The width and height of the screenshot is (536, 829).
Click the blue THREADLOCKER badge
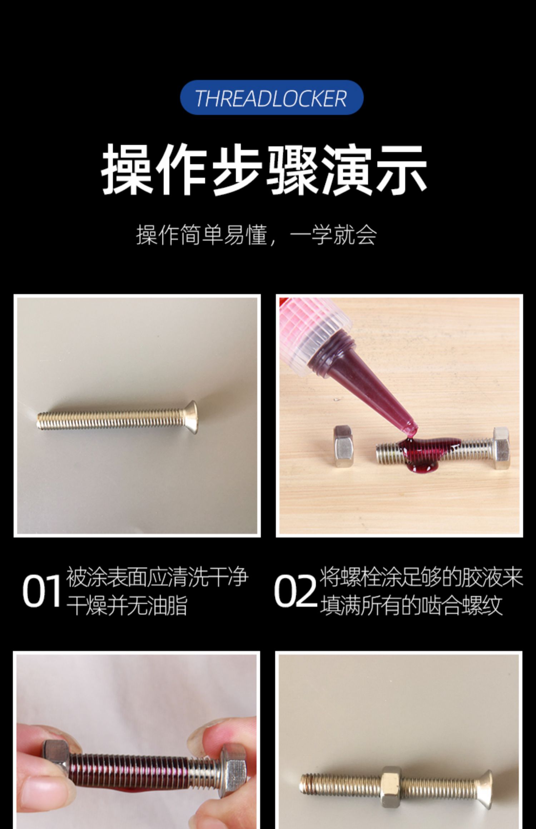pyautogui.click(x=272, y=97)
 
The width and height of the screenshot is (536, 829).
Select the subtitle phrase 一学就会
pyautogui.click(x=333, y=235)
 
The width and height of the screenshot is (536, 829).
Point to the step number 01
pyautogui.click(x=41, y=591)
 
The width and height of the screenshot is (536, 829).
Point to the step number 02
pyautogui.click(x=295, y=591)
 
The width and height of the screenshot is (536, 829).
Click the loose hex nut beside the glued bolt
pyautogui.click(x=344, y=446)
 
